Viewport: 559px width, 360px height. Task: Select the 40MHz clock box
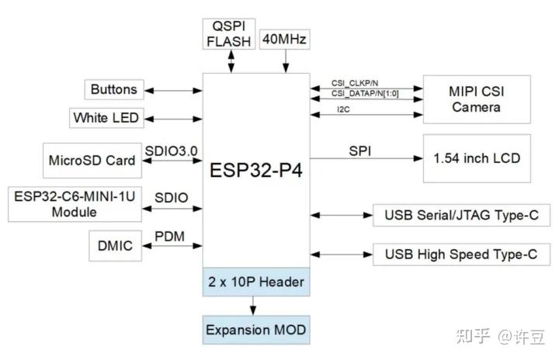(286, 38)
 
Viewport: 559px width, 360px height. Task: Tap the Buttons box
(113, 90)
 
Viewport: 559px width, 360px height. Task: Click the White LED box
(106, 119)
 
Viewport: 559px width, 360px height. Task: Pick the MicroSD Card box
(92, 161)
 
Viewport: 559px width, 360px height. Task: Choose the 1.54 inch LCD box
(476, 159)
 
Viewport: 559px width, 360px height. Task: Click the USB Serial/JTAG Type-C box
(461, 214)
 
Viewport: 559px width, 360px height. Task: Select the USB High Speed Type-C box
(461, 254)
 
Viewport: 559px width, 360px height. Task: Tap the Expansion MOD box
(256, 330)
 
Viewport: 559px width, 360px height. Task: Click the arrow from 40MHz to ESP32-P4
(286, 61)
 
